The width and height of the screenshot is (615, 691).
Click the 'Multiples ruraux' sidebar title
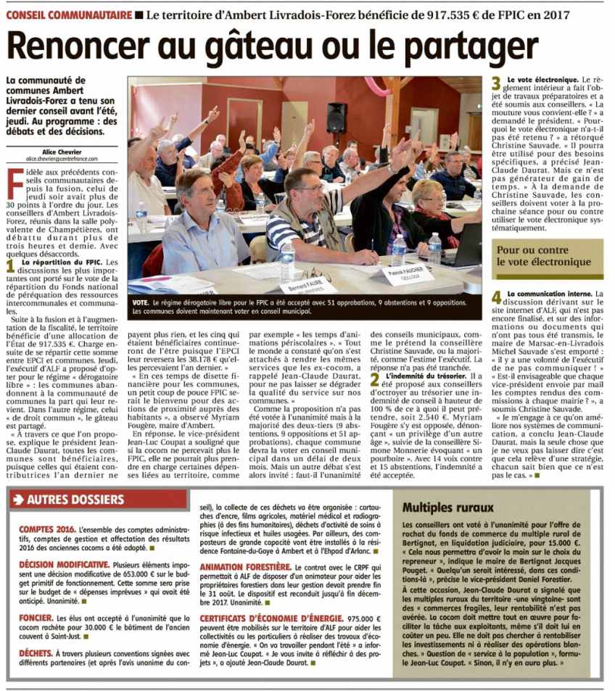(448, 508)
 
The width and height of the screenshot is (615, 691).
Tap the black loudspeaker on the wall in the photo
(336, 117)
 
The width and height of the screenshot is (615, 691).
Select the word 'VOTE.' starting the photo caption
(142, 301)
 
